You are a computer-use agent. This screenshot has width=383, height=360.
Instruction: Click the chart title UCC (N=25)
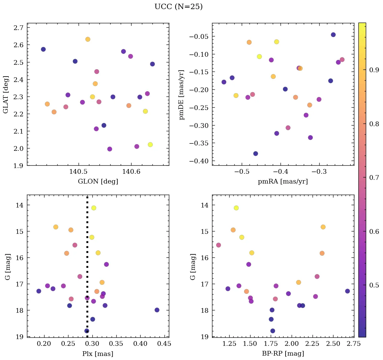point(178,7)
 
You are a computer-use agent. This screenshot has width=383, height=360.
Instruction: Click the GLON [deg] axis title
point(98,182)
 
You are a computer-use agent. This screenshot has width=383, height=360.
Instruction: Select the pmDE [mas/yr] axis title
point(182,94)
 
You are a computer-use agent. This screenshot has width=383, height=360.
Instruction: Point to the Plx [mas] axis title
point(98,354)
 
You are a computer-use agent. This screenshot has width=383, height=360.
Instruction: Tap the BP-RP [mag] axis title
point(283,354)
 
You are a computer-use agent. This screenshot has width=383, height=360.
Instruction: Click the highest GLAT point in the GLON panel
point(88,39)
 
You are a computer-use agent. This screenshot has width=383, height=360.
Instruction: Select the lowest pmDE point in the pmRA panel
point(256,154)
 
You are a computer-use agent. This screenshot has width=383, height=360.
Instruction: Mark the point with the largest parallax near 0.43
point(157,310)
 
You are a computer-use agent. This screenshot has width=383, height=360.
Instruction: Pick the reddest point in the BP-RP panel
point(347,291)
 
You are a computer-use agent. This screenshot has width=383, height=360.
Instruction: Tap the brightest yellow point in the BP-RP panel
point(236,208)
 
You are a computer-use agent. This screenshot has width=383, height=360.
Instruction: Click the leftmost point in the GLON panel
point(43,49)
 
